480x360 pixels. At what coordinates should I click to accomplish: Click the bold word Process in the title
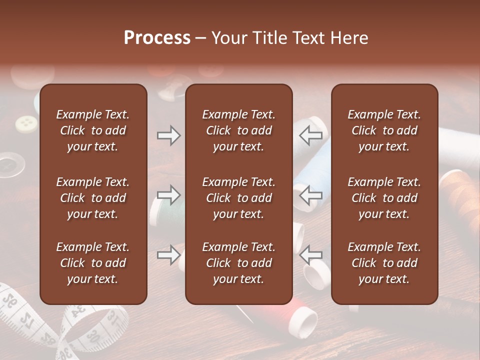[x=157, y=38]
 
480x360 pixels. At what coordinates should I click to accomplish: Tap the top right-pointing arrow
[x=168, y=135]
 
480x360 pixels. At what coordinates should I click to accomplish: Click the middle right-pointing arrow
[x=168, y=194]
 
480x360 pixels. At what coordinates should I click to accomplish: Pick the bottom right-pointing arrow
[x=168, y=255]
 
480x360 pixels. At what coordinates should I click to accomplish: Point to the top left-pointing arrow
[x=311, y=135]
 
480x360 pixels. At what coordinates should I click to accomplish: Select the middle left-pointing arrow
[x=311, y=194]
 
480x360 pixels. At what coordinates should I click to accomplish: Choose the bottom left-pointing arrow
[x=311, y=255]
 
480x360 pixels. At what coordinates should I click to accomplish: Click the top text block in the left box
[x=93, y=130]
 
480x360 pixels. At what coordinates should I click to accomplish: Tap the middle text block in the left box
[x=93, y=198]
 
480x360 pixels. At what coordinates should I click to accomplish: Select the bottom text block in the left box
[x=93, y=263]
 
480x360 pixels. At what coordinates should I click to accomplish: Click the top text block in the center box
[x=238, y=130]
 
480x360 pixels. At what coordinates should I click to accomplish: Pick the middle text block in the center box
[x=238, y=198]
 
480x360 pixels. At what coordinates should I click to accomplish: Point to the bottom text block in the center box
[x=238, y=263]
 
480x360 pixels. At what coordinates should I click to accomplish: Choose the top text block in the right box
[x=384, y=130]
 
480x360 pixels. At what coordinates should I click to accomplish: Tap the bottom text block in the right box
[x=384, y=263]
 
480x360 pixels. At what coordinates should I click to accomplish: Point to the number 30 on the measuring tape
[x=93, y=337]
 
